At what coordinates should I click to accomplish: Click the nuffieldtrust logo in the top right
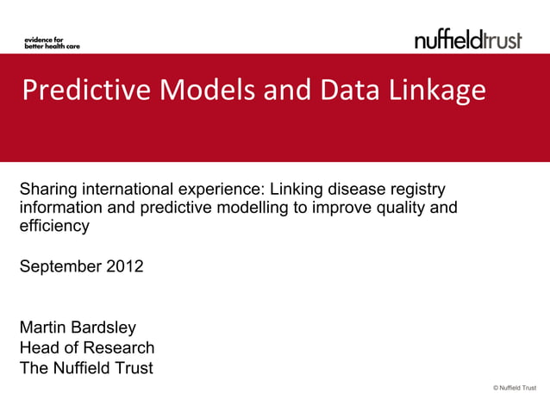point(468,39)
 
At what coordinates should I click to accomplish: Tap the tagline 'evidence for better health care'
point(51,42)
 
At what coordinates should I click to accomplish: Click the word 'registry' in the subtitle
point(419,189)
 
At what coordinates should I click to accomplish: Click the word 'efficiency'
point(53,227)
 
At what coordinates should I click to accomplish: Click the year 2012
point(125,266)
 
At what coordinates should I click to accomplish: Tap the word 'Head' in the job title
point(38,348)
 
